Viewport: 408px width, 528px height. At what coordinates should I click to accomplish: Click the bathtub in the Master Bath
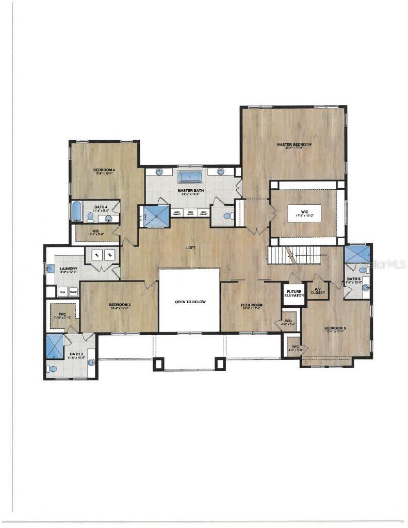tap(190, 177)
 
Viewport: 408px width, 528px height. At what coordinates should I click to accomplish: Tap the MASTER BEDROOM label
tap(294, 145)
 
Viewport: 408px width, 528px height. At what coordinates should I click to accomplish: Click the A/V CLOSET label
tap(319, 291)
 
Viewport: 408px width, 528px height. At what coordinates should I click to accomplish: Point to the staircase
tap(294, 254)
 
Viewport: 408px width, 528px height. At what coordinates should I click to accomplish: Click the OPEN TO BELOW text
tap(190, 302)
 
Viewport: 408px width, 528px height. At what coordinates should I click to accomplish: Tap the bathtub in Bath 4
tap(76, 211)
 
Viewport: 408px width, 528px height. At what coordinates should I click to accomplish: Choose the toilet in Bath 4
tap(91, 217)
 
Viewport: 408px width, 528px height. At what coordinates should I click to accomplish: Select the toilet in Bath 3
tap(52, 369)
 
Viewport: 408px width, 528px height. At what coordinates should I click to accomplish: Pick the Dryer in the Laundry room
tap(62, 291)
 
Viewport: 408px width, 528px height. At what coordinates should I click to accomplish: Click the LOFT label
tap(191, 247)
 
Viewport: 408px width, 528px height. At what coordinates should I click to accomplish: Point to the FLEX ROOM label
tap(252, 305)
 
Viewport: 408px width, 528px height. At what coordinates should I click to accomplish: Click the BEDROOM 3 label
tap(120, 305)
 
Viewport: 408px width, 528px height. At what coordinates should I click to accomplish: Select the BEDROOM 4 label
tap(104, 170)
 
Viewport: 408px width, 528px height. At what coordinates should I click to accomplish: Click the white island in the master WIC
tap(304, 213)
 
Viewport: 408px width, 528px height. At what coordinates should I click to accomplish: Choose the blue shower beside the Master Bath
tap(157, 217)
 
